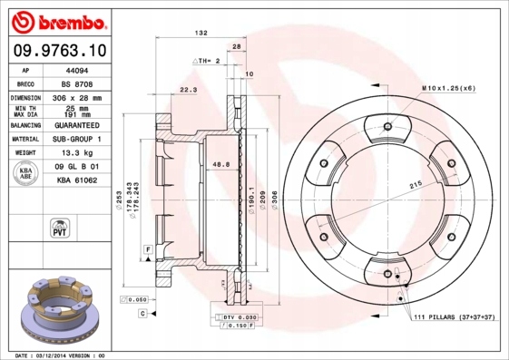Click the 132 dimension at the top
[x=201, y=33]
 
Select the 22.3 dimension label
[x=189, y=90]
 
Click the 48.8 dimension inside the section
[x=220, y=164]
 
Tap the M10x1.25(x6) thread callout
[x=446, y=87]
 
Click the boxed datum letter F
[x=147, y=248]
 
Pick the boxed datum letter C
[x=142, y=313]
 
